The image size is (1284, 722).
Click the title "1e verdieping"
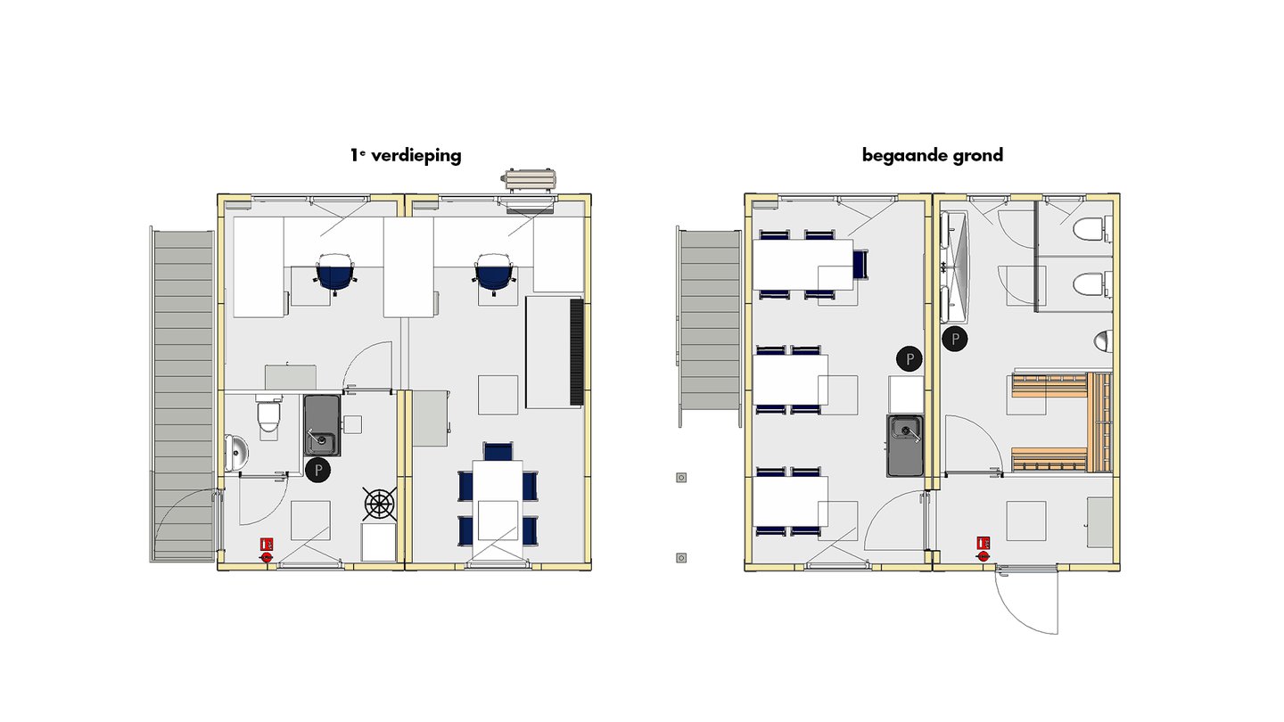click(406, 155)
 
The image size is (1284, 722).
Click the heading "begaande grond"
click(932, 155)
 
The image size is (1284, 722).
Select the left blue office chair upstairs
click(335, 272)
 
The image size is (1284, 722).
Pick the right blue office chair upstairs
click(493, 272)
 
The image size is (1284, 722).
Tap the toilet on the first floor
click(268, 415)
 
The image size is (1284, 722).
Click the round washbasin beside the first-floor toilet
click(236, 453)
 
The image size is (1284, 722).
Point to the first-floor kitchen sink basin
click(321, 441)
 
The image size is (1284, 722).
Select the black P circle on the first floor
click(317, 471)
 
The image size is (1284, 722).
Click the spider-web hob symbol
click(379, 505)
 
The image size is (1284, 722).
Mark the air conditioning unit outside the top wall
click(531, 178)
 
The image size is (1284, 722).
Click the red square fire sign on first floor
click(266, 543)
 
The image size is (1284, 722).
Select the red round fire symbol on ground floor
click(984, 556)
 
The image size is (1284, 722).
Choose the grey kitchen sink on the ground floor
click(906, 445)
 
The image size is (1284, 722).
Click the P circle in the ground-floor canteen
click(909, 359)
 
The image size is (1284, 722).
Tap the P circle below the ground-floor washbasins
click(955, 339)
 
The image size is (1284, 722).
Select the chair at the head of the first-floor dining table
click(497, 450)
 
